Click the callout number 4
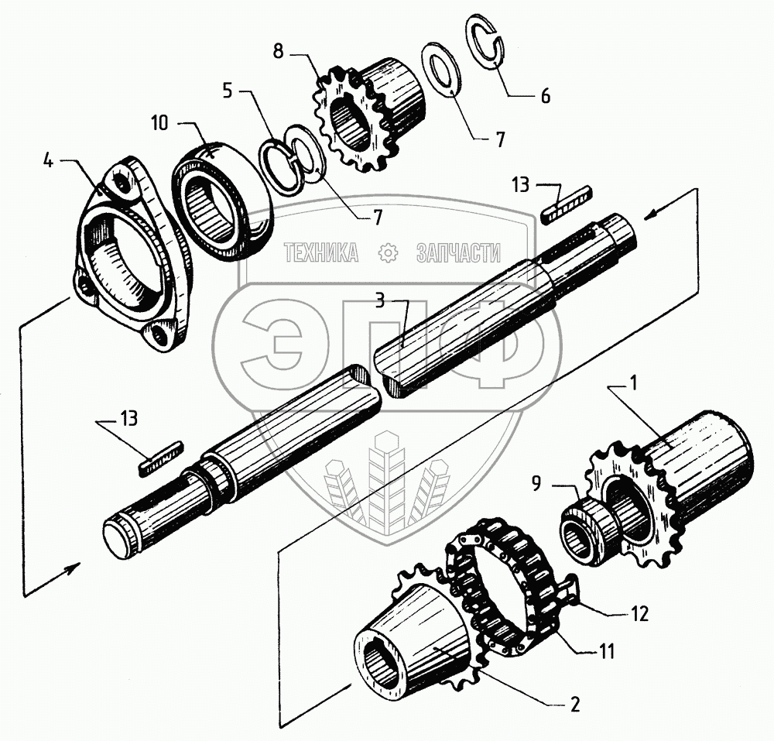[x=47, y=163]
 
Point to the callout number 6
[x=545, y=97]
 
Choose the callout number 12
[x=640, y=615]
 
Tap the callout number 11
[x=607, y=652]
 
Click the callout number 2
[x=575, y=706]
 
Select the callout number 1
[x=634, y=382]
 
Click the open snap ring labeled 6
[x=485, y=45]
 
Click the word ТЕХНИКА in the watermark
[x=321, y=252]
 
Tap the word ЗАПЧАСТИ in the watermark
[x=458, y=252]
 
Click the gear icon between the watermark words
[x=387, y=252]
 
